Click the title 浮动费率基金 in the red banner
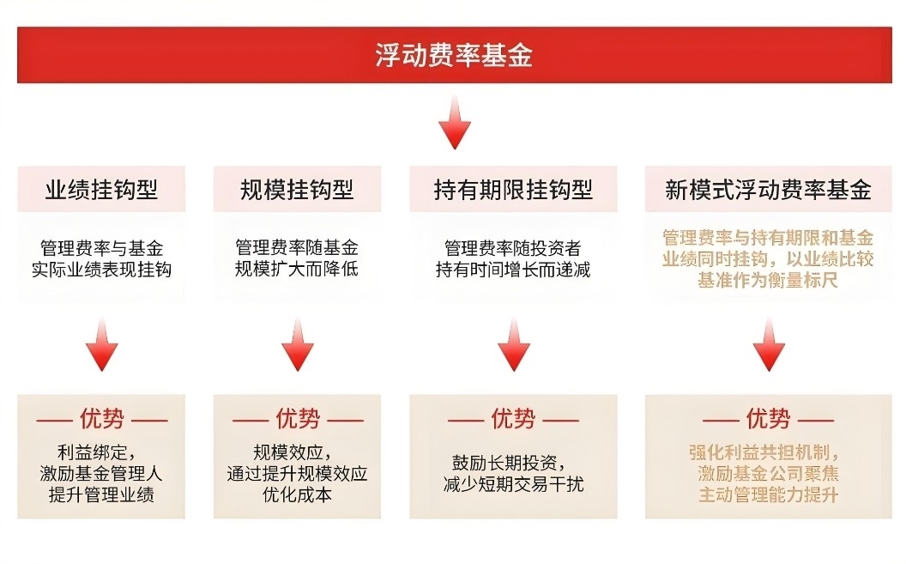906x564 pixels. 454,56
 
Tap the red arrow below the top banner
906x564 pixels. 454,123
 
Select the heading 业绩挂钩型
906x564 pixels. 101,190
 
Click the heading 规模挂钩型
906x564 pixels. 297,190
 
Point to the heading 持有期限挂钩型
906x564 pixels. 513,190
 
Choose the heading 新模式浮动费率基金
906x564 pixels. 768,190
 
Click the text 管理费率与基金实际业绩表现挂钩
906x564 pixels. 101,259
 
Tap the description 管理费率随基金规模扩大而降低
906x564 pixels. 297,258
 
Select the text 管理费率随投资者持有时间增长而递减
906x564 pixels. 513,259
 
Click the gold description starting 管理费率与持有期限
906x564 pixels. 768,259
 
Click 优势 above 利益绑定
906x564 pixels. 102,419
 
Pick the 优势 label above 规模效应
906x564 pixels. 298,419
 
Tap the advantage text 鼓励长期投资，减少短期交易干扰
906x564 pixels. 513,473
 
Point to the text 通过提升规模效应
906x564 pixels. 297,474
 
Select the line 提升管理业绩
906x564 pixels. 101,494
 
